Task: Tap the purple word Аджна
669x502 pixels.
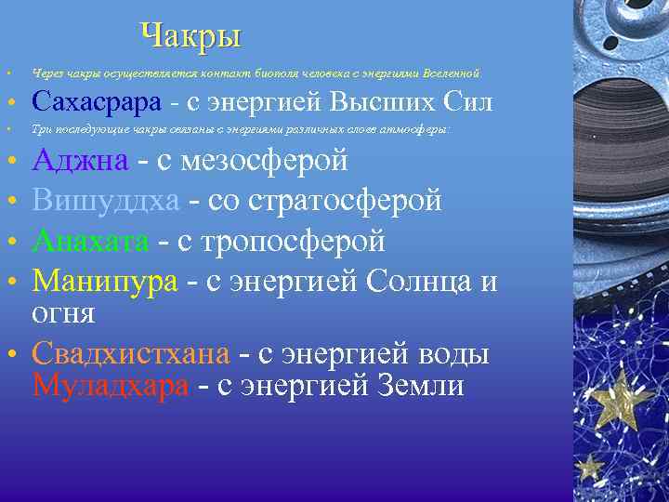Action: pos(80,161)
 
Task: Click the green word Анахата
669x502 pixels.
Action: pos(90,241)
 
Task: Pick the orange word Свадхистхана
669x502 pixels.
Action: pos(131,354)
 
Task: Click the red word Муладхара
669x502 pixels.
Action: pos(111,386)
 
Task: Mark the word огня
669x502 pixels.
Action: pos(63,312)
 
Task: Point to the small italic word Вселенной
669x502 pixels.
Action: pos(451,73)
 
